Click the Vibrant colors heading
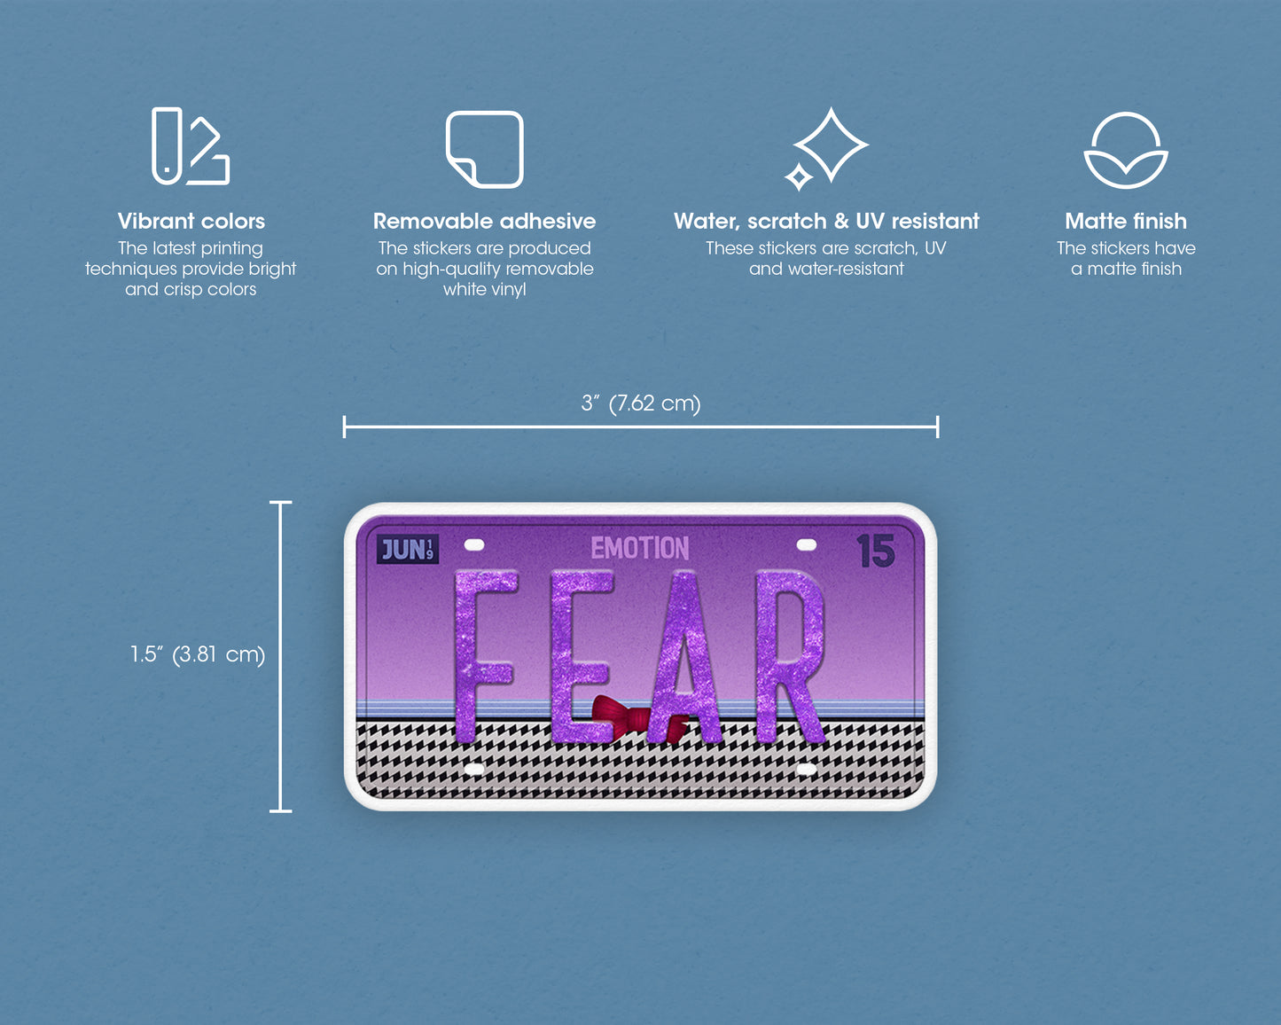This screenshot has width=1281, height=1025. click(x=191, y=222)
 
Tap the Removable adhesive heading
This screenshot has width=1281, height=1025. click(x=484, y=222)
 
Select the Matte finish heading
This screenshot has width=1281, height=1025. click(x=1126, y=222)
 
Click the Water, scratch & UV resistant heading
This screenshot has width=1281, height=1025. click(x=826, y=222)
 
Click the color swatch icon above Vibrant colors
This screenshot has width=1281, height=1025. click(x=191, y=146)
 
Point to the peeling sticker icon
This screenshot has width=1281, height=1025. click(x=484, y=149)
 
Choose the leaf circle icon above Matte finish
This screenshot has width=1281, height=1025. click(x=1126, y=150)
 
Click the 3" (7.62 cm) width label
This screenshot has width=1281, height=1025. click(x=640, y=403)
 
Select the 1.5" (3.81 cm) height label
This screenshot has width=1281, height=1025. click(x=198, y=654)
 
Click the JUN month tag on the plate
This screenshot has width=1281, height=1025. click(x=408, y=550)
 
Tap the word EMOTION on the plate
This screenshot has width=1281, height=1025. click(x=640, y=549)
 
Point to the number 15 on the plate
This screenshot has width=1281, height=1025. click(x=876, y=552)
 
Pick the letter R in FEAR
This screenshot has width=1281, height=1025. click(x=790, y=656)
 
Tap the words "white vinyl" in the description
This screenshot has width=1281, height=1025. click(x=485, y=290)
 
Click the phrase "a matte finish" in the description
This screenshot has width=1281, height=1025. click(x=1126, y=270)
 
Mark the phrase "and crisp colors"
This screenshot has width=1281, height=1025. click(x=191, y=290)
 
